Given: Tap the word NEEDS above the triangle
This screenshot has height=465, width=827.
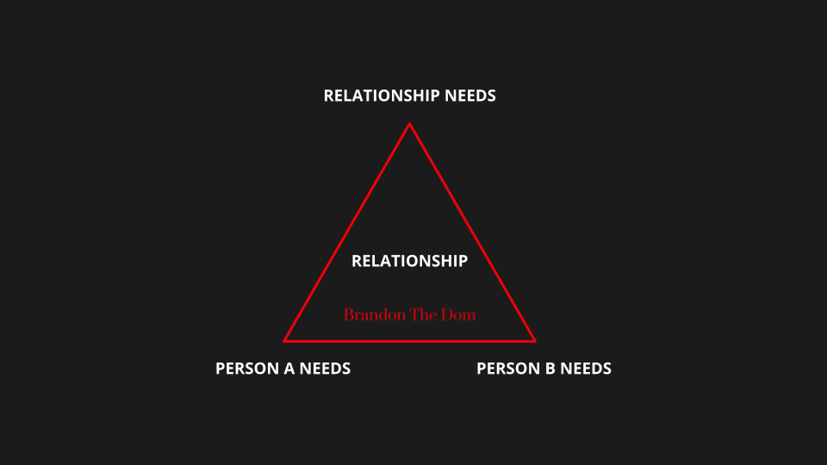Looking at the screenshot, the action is pos(469,96).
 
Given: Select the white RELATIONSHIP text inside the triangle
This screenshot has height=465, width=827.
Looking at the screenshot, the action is pos(409,260).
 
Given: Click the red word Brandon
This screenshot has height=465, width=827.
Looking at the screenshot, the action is pos(369,314).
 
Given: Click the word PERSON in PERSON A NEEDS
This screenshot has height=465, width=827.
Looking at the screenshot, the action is pos(246,369).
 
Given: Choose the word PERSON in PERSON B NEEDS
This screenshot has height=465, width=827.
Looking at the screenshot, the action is pos(507,369).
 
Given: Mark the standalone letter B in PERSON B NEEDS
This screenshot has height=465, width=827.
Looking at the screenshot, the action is pos(552,369).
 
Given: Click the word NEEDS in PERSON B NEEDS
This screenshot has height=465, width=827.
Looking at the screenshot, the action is pos(587,369).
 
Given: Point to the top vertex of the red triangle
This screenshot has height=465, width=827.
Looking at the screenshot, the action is pos(409,125).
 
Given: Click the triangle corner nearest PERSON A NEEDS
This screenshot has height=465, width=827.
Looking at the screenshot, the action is pos(286,340).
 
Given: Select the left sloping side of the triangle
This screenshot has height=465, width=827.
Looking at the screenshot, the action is pos(347,232).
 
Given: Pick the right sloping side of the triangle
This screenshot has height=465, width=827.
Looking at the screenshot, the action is pos(472,232).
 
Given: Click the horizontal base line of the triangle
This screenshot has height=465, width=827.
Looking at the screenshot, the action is pos(409,341).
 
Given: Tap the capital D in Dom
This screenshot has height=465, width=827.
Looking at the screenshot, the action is pos(447,314).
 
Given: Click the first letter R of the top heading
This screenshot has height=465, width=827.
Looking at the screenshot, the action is pos(329,96).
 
